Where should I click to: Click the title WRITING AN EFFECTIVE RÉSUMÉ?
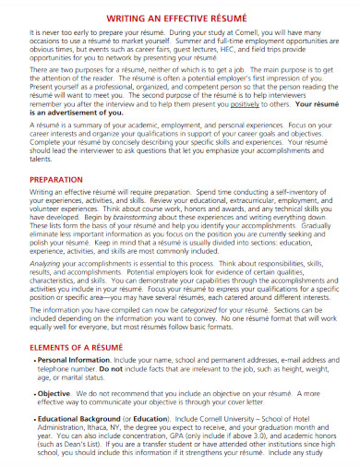tap(180, 16)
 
